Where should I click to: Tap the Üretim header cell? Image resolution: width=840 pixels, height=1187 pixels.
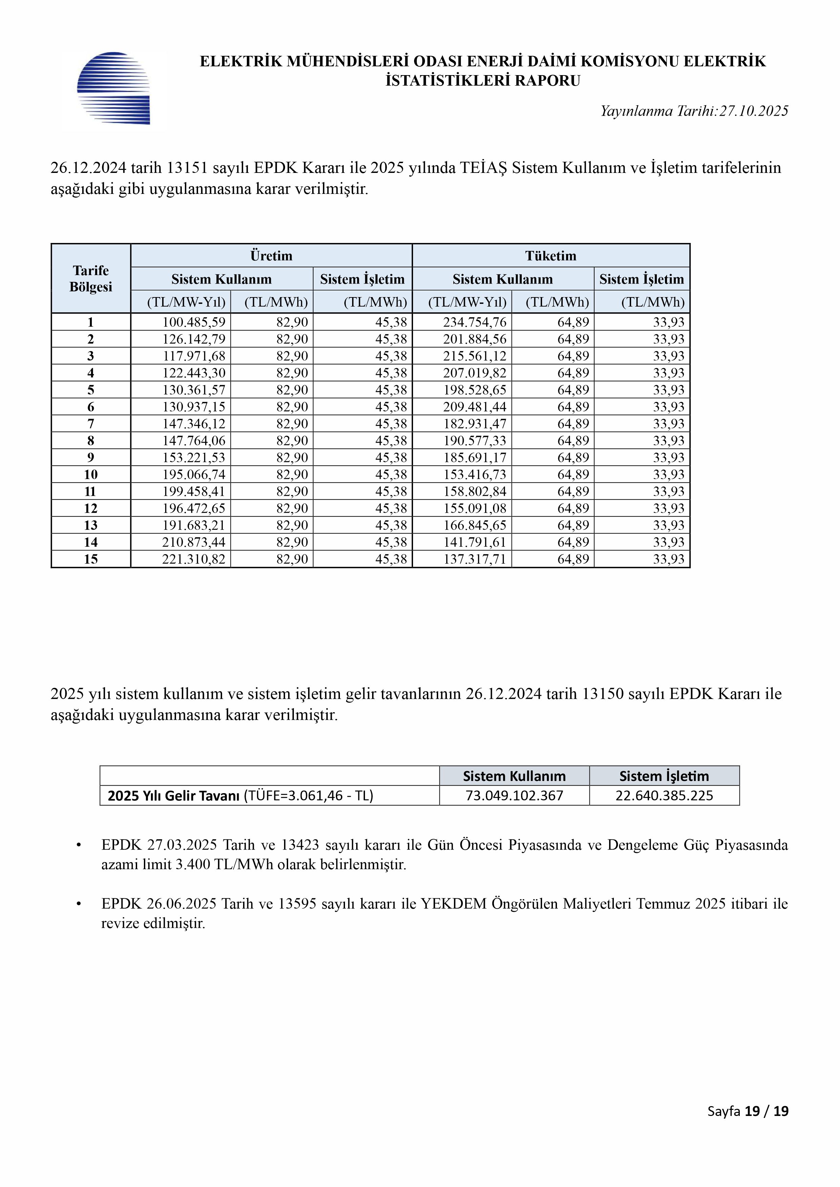(271, 256)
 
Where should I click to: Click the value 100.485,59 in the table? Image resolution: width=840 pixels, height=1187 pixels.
(194, 322)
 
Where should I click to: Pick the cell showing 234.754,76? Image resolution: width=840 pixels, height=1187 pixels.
(474, 322)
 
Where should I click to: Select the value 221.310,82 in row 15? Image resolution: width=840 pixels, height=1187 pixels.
(194, 559)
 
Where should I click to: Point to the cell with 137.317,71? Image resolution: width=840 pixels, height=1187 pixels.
(474, 559)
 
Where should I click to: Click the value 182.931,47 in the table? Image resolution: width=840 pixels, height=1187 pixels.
(474, 424)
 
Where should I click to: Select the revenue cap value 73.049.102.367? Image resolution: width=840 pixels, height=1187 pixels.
(514, 796)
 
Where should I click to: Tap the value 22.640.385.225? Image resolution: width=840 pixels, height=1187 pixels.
(664, 796)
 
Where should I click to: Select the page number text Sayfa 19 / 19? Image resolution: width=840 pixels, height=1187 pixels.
(748, 1125)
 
